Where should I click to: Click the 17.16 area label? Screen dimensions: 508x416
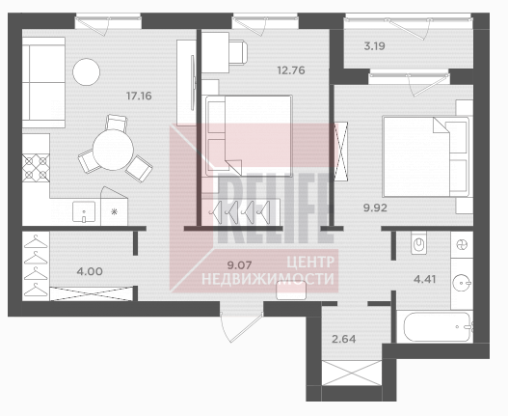click(x=139, y=97)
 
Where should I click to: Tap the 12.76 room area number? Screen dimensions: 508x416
click(x=291, y=70)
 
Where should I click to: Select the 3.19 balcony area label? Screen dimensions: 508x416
click(x=375, y=46)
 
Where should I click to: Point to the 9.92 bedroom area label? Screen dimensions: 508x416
click(x=375, y=208)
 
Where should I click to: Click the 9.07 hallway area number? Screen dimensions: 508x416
click(x=239, y=265)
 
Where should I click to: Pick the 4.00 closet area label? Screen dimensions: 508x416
click(x=90, y=271)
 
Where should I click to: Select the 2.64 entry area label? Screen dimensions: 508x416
click(x=344, y=339)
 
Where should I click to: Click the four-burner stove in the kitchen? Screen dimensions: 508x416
click(x=36, y=168)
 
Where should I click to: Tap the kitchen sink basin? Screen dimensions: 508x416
click(x=84, y=211)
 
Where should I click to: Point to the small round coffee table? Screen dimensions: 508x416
click(x=86, y=72)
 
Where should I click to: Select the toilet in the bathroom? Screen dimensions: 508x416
click(x=420, y=242)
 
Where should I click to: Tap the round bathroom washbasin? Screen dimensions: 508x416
click(x=462, y=283)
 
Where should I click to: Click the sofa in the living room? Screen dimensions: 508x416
click(x=43, y=82)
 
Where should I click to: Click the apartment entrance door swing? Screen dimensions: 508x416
click(x=241, y=327)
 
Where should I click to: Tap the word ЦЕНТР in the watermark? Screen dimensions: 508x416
click(x=310, y=262)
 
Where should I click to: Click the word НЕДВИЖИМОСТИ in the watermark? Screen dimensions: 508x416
click(x=268, y=279)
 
